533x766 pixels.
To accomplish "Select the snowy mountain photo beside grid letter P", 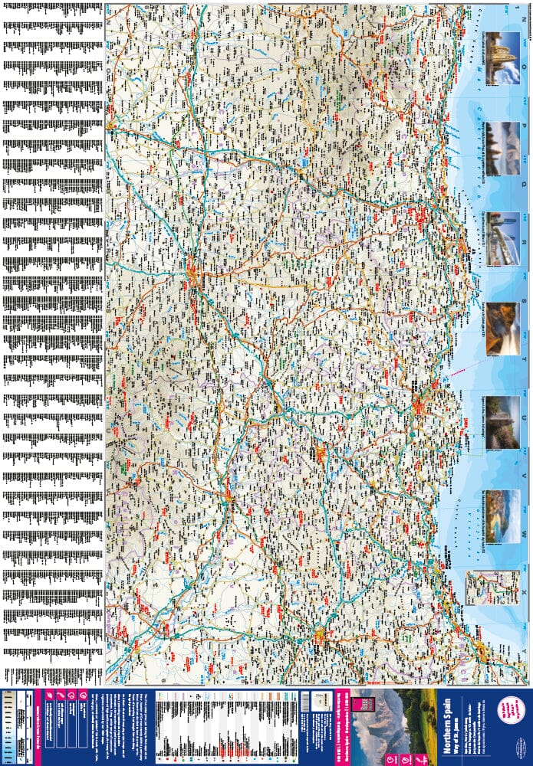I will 502,148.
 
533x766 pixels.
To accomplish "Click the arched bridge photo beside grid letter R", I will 502,239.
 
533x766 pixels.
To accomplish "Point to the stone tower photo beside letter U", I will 502,422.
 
